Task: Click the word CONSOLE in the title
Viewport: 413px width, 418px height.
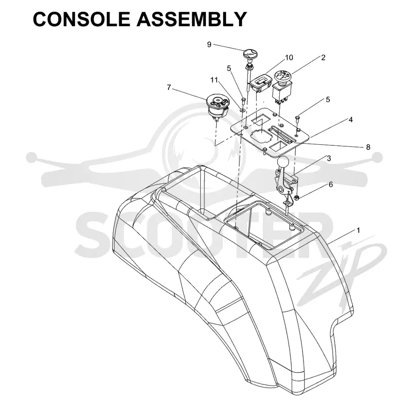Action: [82, 19]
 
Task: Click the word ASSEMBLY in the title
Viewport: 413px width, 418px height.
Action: [192, 19]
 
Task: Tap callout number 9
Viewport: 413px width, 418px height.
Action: [209, 44]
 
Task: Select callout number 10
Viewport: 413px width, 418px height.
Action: [289, 58]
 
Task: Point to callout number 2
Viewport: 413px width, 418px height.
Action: [323, 58]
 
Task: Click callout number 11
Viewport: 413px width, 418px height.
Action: [214, 80]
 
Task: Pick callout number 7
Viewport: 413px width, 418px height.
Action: [169, 88]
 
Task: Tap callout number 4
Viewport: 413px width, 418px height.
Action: [351, 120]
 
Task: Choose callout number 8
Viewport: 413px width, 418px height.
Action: [368, 147]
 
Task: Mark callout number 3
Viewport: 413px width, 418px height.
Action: [329, 158]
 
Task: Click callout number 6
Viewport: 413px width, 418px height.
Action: [331, 185]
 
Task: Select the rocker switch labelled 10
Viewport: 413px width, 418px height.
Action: [260, 82]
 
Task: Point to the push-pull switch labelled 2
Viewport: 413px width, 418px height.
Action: [282, 86]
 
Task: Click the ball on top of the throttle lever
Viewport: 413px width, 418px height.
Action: [282, 162]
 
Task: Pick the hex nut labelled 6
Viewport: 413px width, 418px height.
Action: [297, 197]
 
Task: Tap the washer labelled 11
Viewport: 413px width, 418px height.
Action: [242, 110]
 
